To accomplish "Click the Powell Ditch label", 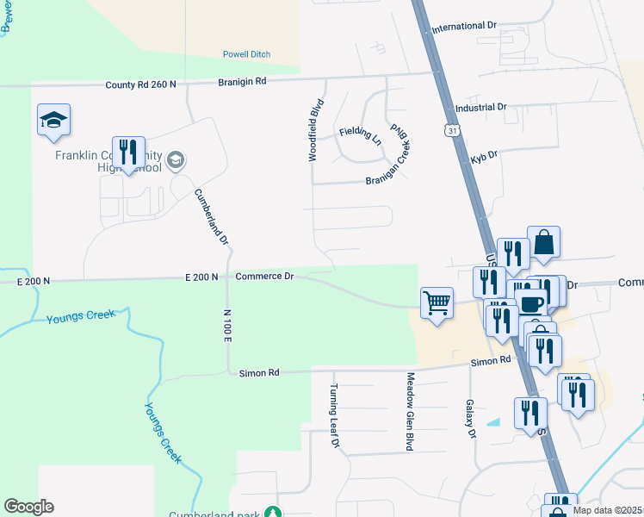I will click(x=246, y=54).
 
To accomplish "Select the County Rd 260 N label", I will click(x=140, y=84).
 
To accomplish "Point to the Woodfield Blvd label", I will click(x=315, y=130).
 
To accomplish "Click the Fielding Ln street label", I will click(x=360, y=134).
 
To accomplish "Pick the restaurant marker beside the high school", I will click(x=128, y=153).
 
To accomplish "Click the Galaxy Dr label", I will click(x=471, y=418).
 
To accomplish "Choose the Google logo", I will click(x=28, y=507).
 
